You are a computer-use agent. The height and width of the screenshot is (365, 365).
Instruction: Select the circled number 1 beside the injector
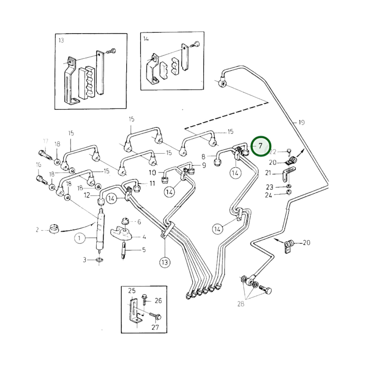(80, 238)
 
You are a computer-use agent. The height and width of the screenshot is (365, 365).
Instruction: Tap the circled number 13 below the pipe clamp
(165, 262)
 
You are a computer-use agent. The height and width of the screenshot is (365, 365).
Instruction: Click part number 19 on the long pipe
(301, 123)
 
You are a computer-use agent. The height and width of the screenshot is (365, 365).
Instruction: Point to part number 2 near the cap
(37, 230)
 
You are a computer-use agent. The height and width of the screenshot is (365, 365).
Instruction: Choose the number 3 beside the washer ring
(85, 260)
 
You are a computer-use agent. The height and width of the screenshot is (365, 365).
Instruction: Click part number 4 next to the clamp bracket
(144, 237)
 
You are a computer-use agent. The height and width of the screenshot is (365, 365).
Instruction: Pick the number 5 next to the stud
(144, 250)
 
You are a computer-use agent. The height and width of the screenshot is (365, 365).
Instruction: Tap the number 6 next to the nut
(139, 222)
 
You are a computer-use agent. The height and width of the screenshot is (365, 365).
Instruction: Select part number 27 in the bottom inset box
(155, 327)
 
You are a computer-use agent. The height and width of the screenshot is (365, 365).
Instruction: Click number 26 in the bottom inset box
(158, 301)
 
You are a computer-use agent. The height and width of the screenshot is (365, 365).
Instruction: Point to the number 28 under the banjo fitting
(241, 304)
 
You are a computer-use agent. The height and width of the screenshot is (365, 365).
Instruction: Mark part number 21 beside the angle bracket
(268, 173)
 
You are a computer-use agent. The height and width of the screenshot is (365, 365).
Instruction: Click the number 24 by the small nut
(268, 195)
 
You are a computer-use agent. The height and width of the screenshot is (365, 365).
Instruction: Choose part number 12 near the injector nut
(87, 195)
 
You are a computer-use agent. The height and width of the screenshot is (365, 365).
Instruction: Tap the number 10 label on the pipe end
(152, 173)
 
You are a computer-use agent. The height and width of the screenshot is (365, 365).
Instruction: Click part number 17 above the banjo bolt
(45, 141)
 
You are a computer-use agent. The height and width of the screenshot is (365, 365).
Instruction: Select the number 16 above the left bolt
(38, 165)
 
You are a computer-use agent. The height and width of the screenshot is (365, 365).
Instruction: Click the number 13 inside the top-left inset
(61, 40)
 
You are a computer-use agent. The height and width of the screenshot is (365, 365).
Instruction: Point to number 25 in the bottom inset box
(132, 291)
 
